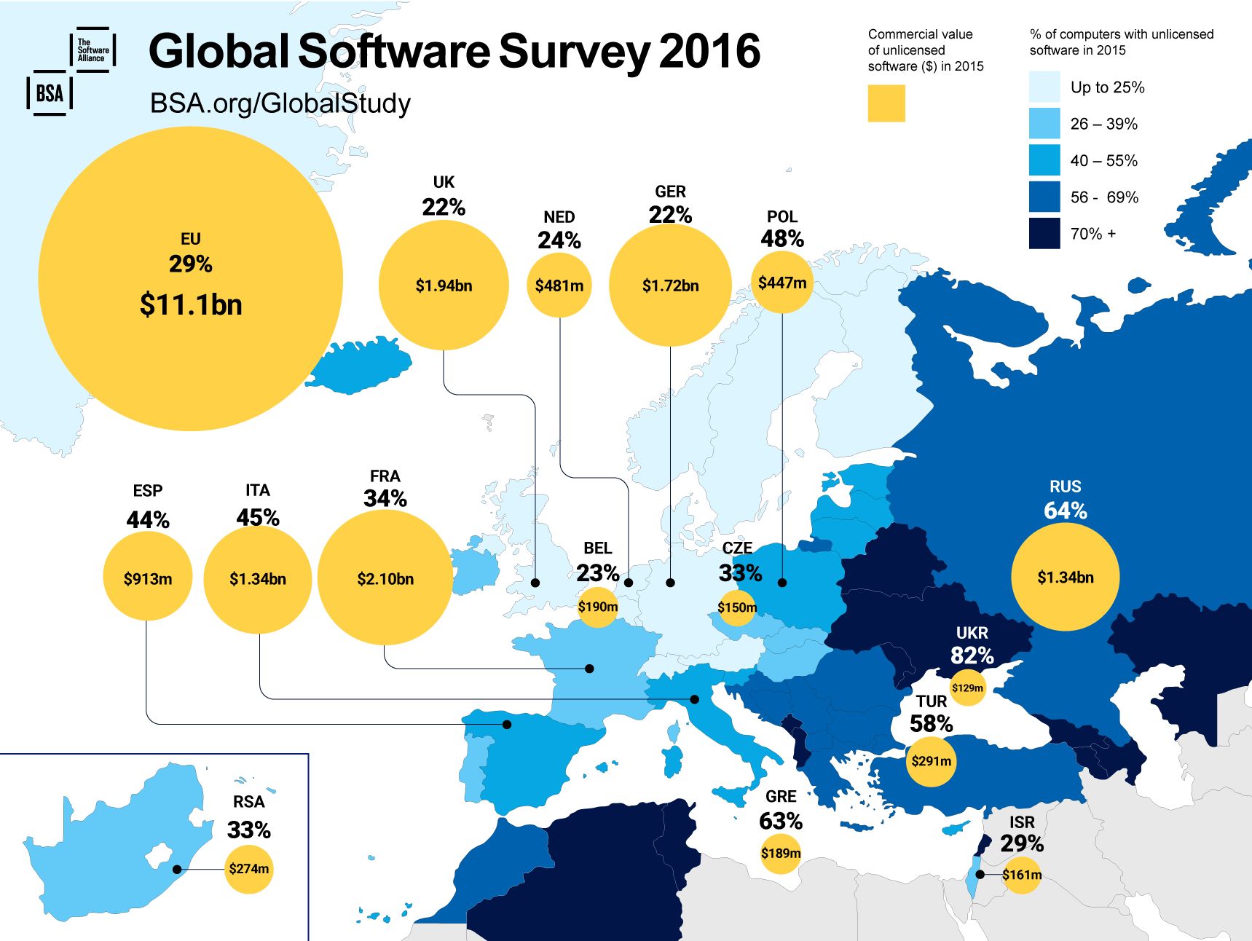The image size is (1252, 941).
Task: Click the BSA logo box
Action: coord(50,93)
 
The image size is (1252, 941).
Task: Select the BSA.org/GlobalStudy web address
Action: coord(280,103)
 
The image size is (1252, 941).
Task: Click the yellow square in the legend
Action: coord(886,103)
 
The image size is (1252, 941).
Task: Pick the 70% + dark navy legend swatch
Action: coord(1044,234)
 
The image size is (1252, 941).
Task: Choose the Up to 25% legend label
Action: coord(1107,87)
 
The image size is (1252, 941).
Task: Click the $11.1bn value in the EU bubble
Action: coord(191,304)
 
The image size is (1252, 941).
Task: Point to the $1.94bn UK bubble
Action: coord(444,286)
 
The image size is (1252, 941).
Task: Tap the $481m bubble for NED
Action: coord(559,286)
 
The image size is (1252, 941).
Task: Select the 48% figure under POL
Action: coord(782,239)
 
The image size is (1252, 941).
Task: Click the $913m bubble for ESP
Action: coord(148,579)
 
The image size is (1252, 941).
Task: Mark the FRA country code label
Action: coord(385,476)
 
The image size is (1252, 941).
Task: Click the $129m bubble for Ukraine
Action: coord(967,688)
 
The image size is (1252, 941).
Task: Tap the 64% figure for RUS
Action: coord(1066,511)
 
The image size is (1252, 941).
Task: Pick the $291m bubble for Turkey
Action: coord(931,761)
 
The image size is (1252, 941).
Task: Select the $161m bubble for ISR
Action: coord(1021,875)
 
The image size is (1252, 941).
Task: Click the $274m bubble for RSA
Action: coord(249,868)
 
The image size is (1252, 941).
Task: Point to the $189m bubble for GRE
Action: coord(781,853)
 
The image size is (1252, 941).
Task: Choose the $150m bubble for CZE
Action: coord(737,607)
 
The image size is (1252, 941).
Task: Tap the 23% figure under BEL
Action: coord(598,573)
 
